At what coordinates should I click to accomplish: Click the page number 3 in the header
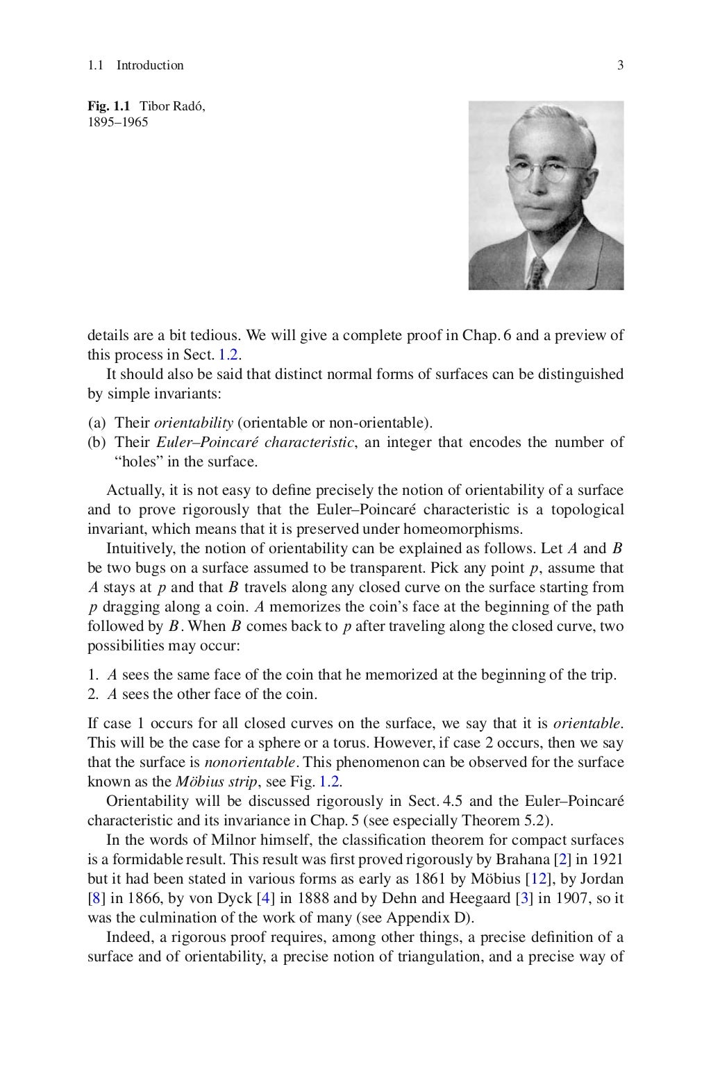coord(620,65)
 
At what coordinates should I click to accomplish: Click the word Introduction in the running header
coord(150,65)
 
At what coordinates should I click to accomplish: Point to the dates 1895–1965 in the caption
coord(117,123)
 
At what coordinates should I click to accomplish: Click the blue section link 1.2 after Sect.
coord(229,355)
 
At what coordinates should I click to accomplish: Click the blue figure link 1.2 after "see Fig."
coord(330,782)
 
